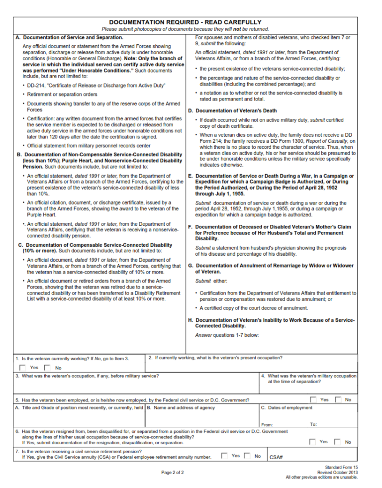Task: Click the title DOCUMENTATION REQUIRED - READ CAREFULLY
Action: (185, 22)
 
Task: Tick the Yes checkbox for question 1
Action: (23, 368)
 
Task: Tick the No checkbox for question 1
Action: (48, 368)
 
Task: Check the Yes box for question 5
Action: (313, 399)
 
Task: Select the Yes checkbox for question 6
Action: (313, 441)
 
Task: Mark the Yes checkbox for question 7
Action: (225, 455)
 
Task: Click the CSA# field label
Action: (276, 457)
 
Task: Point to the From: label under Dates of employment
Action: (267, 425)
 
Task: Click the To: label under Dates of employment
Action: (313, 424)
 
